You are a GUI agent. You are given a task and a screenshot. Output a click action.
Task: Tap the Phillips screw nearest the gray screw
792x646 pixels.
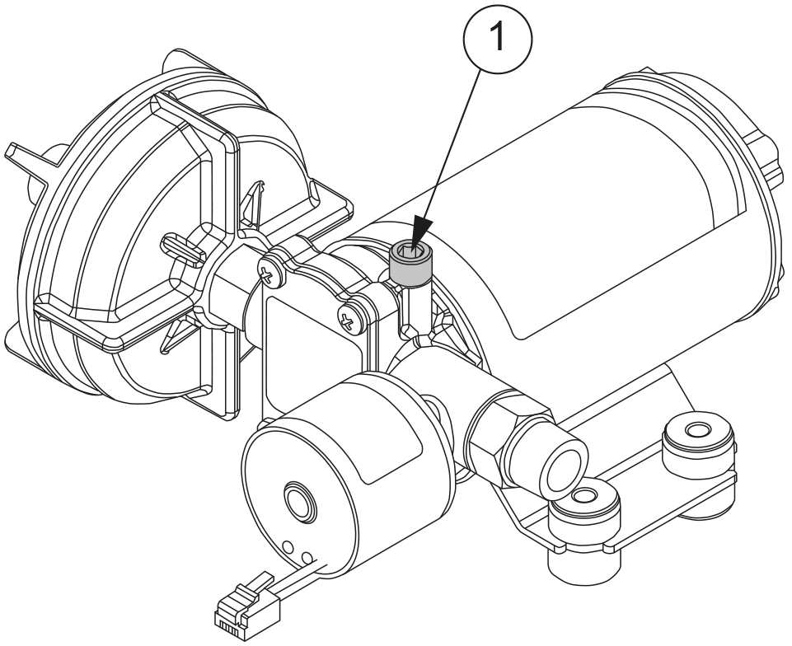(349, 314)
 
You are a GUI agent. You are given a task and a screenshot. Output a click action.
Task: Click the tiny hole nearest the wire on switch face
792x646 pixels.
(309, 558)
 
